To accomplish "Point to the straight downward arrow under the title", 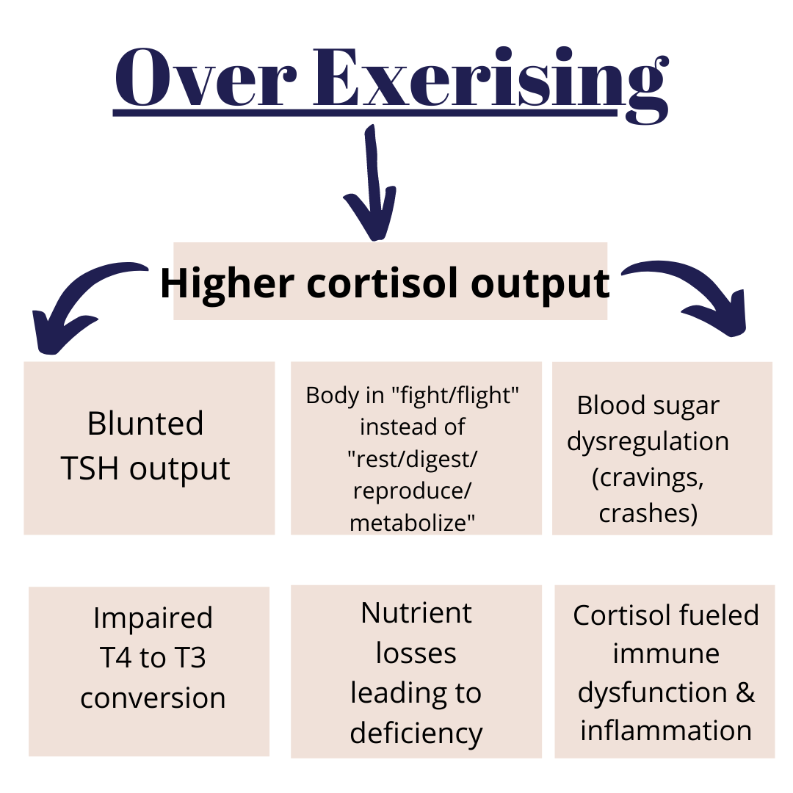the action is (x=371, y=183).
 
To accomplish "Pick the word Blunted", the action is (x=145, y=423).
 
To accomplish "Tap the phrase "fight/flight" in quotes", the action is (x=456, y=396).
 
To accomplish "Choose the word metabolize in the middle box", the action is (x=412, y=523).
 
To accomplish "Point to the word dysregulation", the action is (x=648, y=442).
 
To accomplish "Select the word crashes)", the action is (x=648, y=513).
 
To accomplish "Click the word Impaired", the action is (x=153, y=618).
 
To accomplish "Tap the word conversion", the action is (x=153, y=698).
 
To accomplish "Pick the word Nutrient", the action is (x=416, y=613).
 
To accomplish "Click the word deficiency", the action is (x=416, y=734).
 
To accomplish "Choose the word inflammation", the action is (x=666, y=731).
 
